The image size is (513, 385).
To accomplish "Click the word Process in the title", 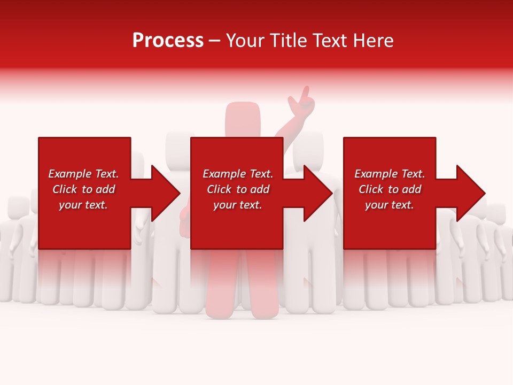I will [x=168, y=41].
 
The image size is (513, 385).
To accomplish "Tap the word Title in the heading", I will [x=288, y=41].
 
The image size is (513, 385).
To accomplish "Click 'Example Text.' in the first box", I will [x=83, y=174].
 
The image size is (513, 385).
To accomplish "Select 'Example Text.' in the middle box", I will [x=238, y=174].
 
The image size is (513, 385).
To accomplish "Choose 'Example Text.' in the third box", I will [x=390, y=174].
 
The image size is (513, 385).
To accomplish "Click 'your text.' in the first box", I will [x=83, y=205].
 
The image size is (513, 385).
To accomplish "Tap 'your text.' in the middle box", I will [x=238, y=205].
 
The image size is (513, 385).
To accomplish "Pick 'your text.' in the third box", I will [x=390, y=205].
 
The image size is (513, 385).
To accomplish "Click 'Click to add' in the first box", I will [x=83, y=189].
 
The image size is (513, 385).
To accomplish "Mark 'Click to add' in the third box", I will [x=390, y=189].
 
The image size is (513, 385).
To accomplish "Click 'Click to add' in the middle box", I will [x=238, y=189].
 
